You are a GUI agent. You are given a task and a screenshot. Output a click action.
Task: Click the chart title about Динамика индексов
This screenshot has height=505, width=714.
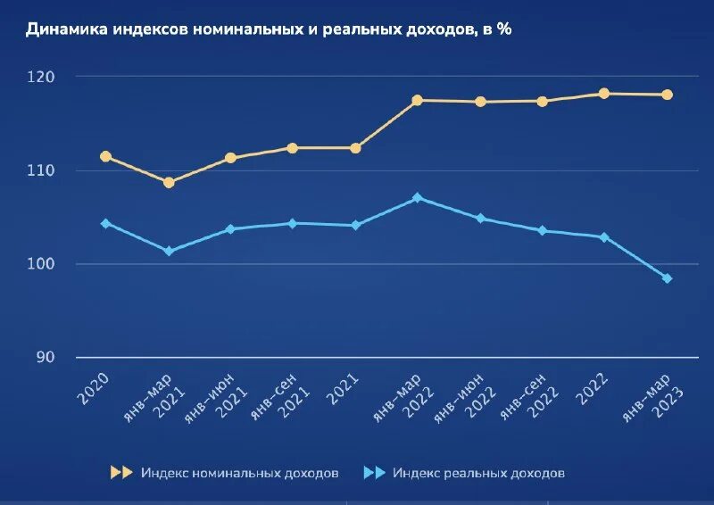pyautogui.click(x=268, y=29)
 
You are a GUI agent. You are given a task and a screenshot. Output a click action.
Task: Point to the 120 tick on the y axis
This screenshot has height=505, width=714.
pyautogui.click(x=40, y=77)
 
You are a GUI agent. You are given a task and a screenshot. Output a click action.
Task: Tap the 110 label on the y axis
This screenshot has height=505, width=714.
pyautogui.click(x=40, y=170)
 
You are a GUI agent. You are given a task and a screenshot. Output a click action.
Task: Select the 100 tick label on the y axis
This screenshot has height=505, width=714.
pyautogui.click(x=40, y=264)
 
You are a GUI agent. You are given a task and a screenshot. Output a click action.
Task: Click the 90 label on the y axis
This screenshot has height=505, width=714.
pyautogui.click(x=44, y=358)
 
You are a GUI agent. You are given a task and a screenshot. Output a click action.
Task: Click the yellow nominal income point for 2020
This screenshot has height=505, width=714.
pyautogui.click(x=105, y=156)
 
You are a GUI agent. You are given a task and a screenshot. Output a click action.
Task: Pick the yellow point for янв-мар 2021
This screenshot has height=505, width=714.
pyautogui.click(x=169, y=182)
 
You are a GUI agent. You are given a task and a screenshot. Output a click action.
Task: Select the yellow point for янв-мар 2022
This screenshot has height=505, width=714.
pyautogui.click(x=417, y=100)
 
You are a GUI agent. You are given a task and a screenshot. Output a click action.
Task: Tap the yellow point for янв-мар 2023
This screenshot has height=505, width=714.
pyautogui.click(x=667, y=95)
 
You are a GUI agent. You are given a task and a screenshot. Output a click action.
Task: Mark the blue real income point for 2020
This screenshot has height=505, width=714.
pyautogui.click(x=105, y=223)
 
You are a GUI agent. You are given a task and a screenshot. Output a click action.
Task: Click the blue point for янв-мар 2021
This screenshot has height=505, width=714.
pyautogui.click(x=169, y=251)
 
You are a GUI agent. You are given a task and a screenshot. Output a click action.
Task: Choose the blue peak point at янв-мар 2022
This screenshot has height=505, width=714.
pyautogui.click(x=417, y=197)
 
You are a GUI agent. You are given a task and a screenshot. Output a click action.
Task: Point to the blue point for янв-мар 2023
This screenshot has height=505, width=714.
pyautogui.click(x=667, y=278)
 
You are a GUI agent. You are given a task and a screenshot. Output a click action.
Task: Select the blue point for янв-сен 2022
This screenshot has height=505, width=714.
pyautogui.click(x=542, y=230)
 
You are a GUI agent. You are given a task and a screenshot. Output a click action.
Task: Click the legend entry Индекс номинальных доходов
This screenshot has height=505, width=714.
pyautogui.click(x=239, y=473)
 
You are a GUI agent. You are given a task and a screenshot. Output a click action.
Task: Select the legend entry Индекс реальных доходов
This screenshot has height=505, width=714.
pyautogui.click(x=478, y=473)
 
